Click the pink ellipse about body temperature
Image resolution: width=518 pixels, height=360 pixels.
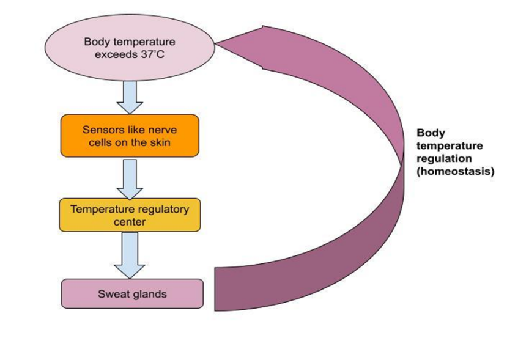pyautogui.click(x=129, y=49)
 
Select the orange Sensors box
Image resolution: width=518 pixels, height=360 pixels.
pyautogui.click(x=129, y=136)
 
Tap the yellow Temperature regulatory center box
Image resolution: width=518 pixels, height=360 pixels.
pyautogui.click(x=129, y=215)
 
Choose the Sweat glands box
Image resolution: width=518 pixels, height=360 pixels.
pyautogui.click(x=132, y=294)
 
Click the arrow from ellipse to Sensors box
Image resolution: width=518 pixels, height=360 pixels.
pyautogui.click(x=129, y=98)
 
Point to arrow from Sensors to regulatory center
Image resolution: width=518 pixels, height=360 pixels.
pyautogui.click(x=129, y=178)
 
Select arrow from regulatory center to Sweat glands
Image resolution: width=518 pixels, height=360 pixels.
pyautogui.click(x=129, y=255)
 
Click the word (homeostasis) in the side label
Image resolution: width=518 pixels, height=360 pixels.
pyautogui.click(x=455, y=172)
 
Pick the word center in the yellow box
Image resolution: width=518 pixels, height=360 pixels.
pyautogui.click(x=129, y=222)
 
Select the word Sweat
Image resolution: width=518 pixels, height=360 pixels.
pyautogui.click(x=113, y=294)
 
